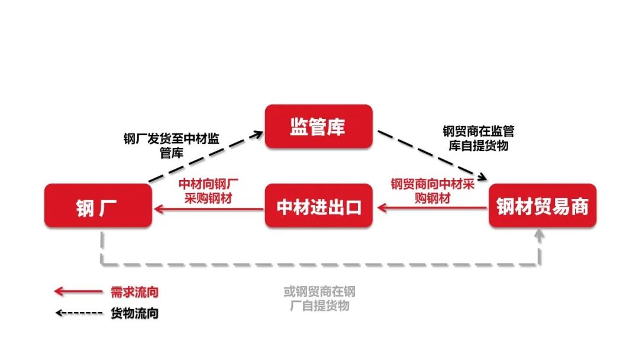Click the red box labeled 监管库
click(x=319, y=126)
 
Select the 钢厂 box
click(x=98, y=205)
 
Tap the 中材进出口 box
click(x=319, y=205)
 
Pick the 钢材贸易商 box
click(x=543, y=205)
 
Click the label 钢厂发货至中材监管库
click(x=171, y=146)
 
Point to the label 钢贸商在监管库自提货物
click(x=479, y=138)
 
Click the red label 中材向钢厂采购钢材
click(x=208, y=191)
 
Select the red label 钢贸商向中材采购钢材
click(x=433, y=191)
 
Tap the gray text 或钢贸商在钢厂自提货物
click(x=319, y=298)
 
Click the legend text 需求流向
click(x=134, y=292)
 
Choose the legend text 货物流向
click(x=134, y=313)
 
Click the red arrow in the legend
click(x=78, y=291)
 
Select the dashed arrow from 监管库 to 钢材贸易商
click(x=433, y=155)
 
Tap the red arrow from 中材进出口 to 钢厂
click(x=209, y=209)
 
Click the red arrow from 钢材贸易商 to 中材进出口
click(x=433, y=208)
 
